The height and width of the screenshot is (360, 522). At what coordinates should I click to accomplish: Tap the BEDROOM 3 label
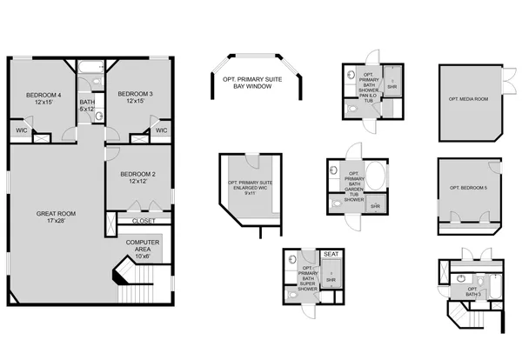[x=135, y=97]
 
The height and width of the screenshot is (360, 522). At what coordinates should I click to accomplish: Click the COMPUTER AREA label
[x=142, y=249]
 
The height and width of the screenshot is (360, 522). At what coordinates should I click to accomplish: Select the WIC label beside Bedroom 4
[x=21, y=130]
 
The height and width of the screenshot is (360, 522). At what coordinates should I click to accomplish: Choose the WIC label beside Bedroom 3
[x=160, y=130]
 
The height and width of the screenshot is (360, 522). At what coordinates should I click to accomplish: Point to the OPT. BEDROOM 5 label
[x=468, y=189]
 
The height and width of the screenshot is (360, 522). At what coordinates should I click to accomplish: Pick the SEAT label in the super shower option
[x=331, y=254]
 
